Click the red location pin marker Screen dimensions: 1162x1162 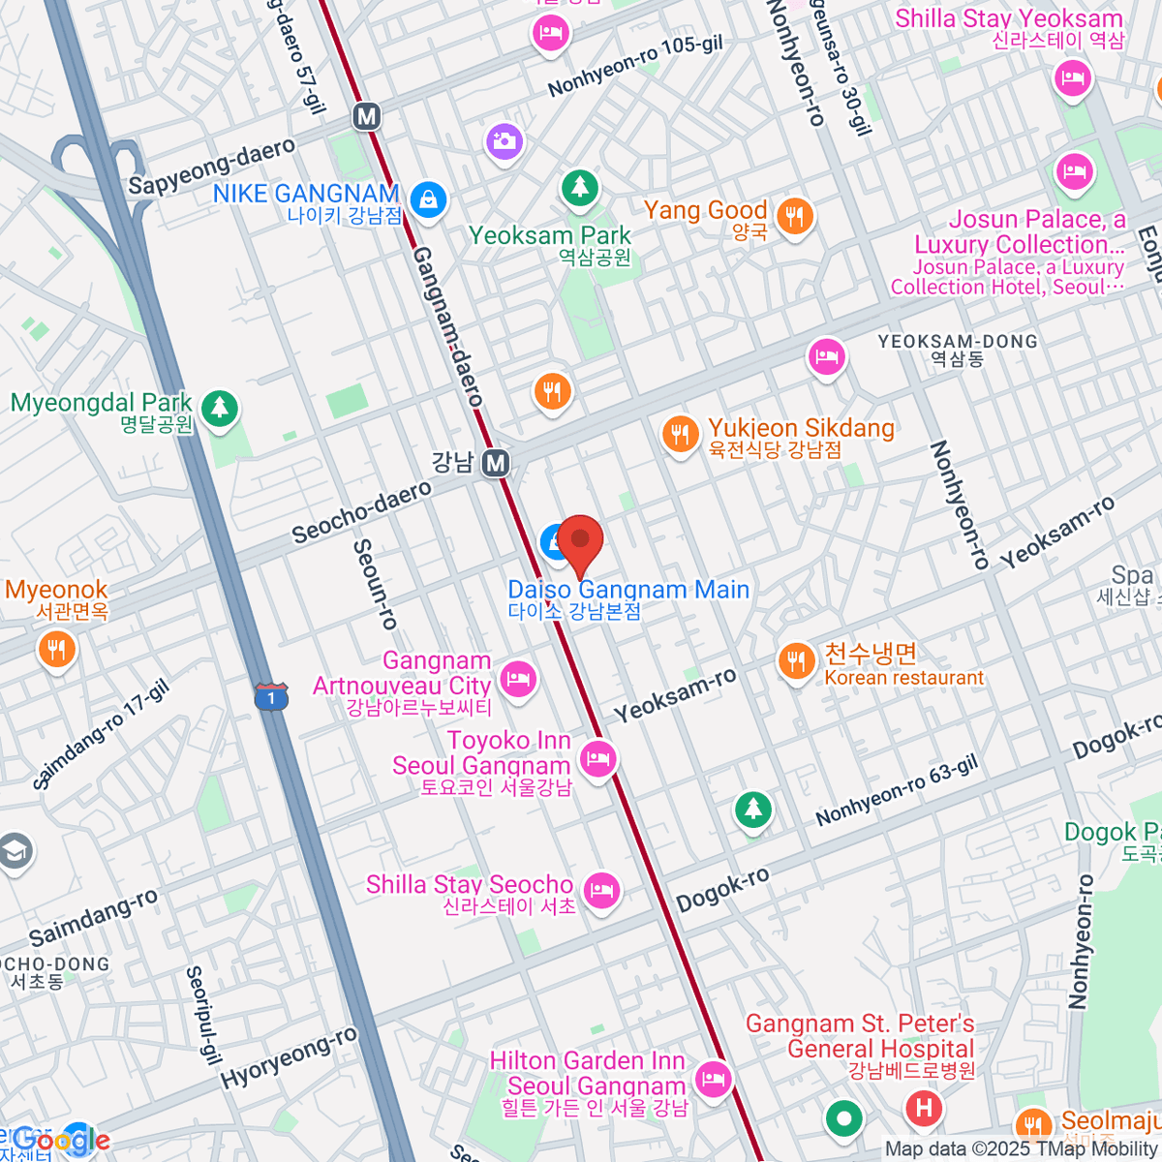(x=580, y=542)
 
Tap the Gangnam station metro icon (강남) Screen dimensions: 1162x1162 (x=496, y=463)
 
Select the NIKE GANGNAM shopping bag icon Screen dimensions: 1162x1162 (x=427, y=200)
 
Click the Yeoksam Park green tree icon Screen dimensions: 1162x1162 (x=579, y=186)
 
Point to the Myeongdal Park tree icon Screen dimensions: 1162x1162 (x=220, y=407)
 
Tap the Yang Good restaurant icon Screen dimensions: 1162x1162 (x=795, y=215)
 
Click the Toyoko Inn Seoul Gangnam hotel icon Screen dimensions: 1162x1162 (x=598, y=757)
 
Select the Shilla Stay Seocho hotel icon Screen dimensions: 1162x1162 (x=602, y=889)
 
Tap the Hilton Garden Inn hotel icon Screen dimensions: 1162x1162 (x=714, y=1077)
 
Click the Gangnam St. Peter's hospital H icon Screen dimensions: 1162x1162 (x=924, y=1107)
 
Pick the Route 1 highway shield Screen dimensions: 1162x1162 (x=271, y=696)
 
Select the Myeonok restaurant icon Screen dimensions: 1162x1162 (x=57, y=650)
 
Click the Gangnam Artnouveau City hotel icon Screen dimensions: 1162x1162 (x=519, y=678)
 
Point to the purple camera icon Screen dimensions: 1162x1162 (x=504, y=142)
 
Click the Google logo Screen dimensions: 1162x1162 (x=60, y=1142)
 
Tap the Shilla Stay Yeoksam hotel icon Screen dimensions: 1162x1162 (x=1072, y=77)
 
